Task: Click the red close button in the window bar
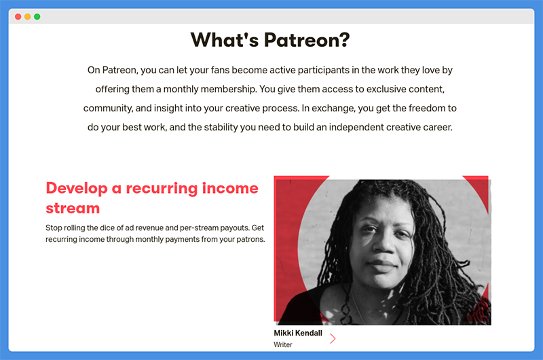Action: (x=18, y=16)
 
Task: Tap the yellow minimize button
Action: (x=28, y=16)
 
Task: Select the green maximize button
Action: (x=37, y=16)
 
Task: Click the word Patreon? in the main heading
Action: (x=307, y=40)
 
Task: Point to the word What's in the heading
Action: (x=225, y=40)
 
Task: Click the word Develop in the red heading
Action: (x=77, y=188)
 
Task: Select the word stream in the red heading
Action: (x=73, y=209)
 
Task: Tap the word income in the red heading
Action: (x=230, y=188)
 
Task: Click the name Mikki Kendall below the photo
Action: (x=298, y=333)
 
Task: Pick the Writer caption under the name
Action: (x=283, y=345)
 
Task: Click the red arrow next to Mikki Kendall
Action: (x=333, y=338)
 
